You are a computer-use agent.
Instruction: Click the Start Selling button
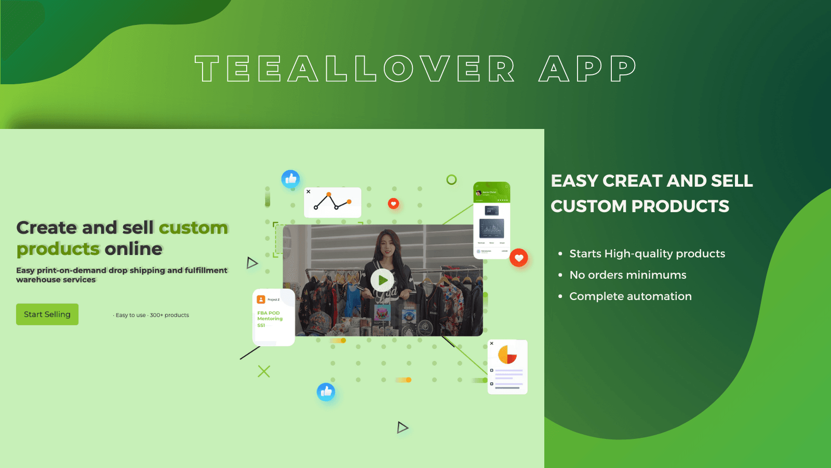click(x=47, y=315)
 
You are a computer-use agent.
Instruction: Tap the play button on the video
click(x=382, y=280)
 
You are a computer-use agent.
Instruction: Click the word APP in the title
click(x=587, y=69)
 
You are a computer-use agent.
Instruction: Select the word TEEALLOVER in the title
click(x=355, y=69)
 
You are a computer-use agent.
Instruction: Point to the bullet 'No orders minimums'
click(x=628, y=275)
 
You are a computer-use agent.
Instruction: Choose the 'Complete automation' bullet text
click(x=631, y=296)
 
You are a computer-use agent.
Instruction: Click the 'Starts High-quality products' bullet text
click(x=647, y=254)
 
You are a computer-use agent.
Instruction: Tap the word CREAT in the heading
click(x=632, y=181)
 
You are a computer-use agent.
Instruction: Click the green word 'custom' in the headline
click(x=193, y=228)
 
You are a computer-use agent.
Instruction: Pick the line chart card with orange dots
click(x=332, y=202)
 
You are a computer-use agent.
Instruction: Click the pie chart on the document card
click(x=507, y=355)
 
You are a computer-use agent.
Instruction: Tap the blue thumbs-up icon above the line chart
click(x=291, y=179)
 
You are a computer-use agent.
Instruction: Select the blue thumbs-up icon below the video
click(x=326, y=392)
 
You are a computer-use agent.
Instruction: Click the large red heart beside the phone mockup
click(x=519, y=258)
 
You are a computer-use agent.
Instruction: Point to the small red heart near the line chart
click(x=394, y=203)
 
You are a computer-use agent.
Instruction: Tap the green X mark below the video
click(x=264, y=371)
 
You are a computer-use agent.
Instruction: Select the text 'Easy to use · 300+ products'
click(x=151, y=315)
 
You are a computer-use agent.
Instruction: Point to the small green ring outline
click(x=452, y=179)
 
